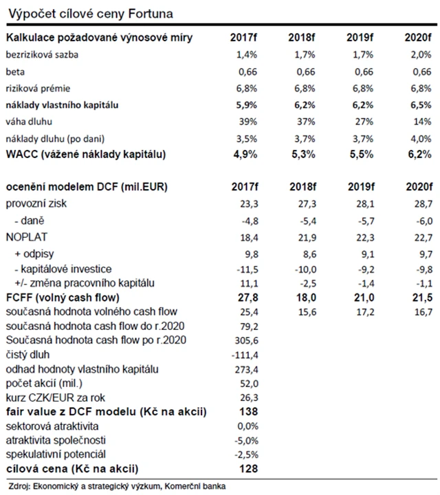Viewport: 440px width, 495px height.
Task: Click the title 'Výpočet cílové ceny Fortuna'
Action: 89,13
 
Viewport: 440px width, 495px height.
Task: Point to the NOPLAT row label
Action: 24,236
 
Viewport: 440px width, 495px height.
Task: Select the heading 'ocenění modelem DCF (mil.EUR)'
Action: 87,187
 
